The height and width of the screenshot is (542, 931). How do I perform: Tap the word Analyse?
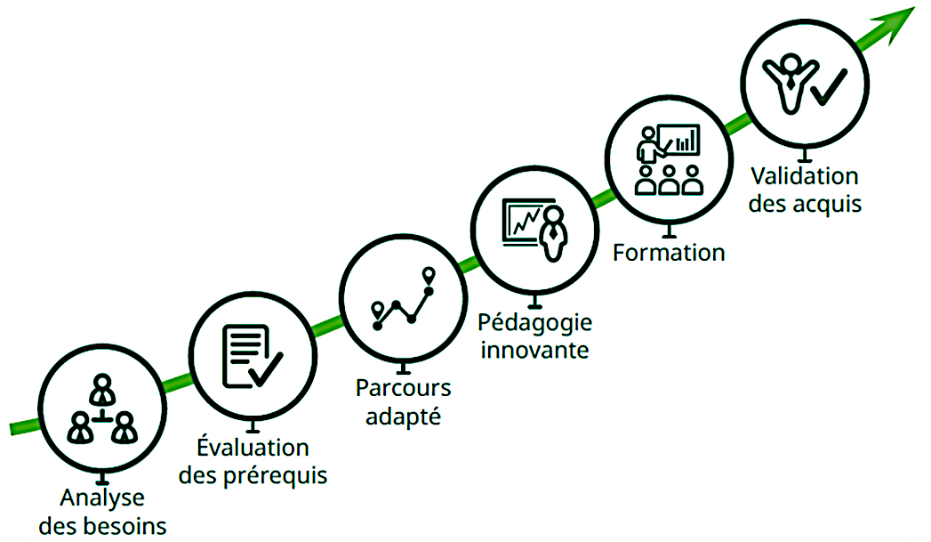pos(102,498)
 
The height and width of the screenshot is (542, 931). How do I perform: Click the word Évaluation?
pos(253,446)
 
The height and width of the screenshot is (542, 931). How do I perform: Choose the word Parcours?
pos(404,388)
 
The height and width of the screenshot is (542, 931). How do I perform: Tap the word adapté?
pos(403,417)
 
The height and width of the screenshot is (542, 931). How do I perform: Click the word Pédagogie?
pos(535,323)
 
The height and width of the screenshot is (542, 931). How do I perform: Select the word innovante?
pos(535,350)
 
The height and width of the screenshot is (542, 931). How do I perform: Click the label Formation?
pos(670,253)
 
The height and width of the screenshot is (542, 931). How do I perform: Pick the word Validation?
pos(805,176)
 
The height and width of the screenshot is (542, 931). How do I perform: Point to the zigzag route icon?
pos(403,299)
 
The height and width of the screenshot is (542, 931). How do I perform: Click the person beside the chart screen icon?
pos(554,233)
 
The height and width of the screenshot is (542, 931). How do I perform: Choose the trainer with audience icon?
pos(669,159)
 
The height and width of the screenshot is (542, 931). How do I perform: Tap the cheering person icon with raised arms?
pos(791,83)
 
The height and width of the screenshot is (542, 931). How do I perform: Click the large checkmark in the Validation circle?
pos(828,87)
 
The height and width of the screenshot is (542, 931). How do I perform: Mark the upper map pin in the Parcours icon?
pos(429,276)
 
